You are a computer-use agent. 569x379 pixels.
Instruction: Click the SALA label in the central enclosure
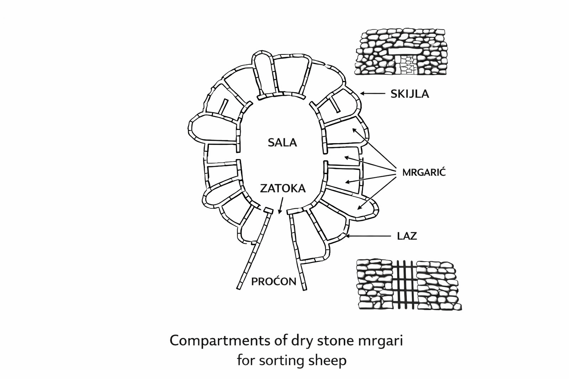pyautogui.click(x=282, y=142)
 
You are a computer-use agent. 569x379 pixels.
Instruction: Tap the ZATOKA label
pyautogui.click(x=283, y=188)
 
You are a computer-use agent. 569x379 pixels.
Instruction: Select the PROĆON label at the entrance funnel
pyautogui.click(x=274, y=282)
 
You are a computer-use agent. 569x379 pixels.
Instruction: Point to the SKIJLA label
pyautogui.click(x=410, y=94)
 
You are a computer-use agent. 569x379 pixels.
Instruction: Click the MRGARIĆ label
pyautogui.click(x=424, y=172)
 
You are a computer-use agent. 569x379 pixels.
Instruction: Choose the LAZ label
pyautogui.click(x=407, y=236)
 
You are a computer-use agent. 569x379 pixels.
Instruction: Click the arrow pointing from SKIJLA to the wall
pyautogui.click(x=373, y=94)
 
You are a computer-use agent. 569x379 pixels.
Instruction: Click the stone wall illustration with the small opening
pyautogui.click(x=401, y=52)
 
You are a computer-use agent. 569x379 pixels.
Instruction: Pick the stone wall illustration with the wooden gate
pyautogui.click(x=409, y=285)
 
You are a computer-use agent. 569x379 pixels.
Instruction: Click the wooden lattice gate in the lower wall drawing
pyautogui.click(x=404, y=285)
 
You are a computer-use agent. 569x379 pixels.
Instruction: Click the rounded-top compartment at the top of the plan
pyautogui.click(x=264, y=74)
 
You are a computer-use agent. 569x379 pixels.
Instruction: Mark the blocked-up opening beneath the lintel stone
pyautogui.click(x=406, y=64)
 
